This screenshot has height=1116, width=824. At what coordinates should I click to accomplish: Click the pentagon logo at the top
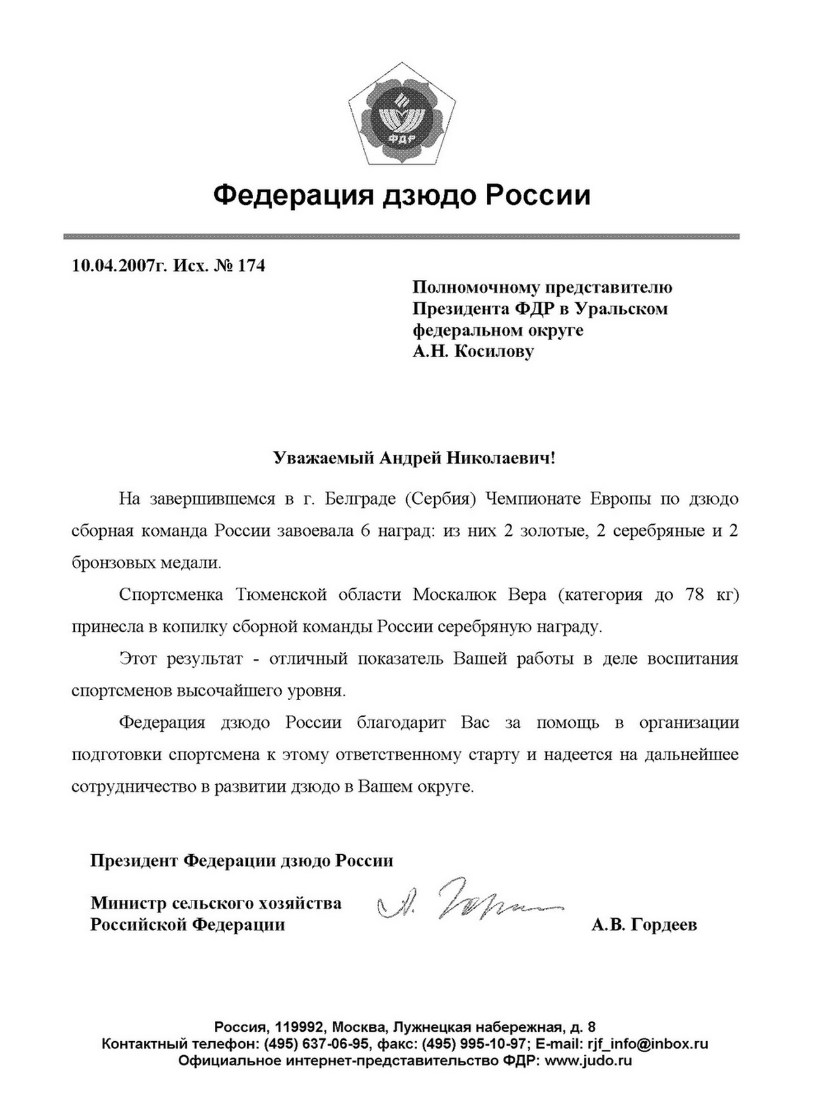402,115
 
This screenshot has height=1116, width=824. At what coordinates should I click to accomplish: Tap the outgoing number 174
251,265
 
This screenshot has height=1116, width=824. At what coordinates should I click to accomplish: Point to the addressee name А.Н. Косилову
473,351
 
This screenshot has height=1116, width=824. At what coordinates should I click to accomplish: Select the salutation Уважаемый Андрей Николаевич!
414,458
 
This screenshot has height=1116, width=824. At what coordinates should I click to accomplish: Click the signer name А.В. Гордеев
644,925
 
